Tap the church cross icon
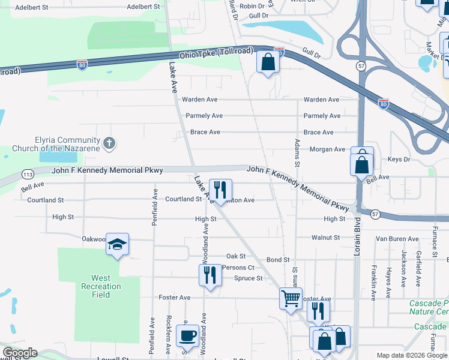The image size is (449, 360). pos(109,143)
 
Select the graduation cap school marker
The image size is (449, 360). pos(117,244)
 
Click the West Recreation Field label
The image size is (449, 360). pos(100,286)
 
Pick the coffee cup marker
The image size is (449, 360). pos(187,336)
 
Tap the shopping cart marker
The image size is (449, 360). pos(291,297)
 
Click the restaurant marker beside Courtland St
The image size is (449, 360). pos(220,190)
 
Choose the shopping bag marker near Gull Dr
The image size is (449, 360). pos(267,62)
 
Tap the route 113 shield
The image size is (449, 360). pos(28,174)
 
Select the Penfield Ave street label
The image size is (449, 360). pos(155,207)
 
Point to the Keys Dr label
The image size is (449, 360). pos(399,160)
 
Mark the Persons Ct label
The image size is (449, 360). pos(238,268)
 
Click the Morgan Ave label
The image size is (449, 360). pos(327,149)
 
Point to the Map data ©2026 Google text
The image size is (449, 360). pos(411,355)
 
